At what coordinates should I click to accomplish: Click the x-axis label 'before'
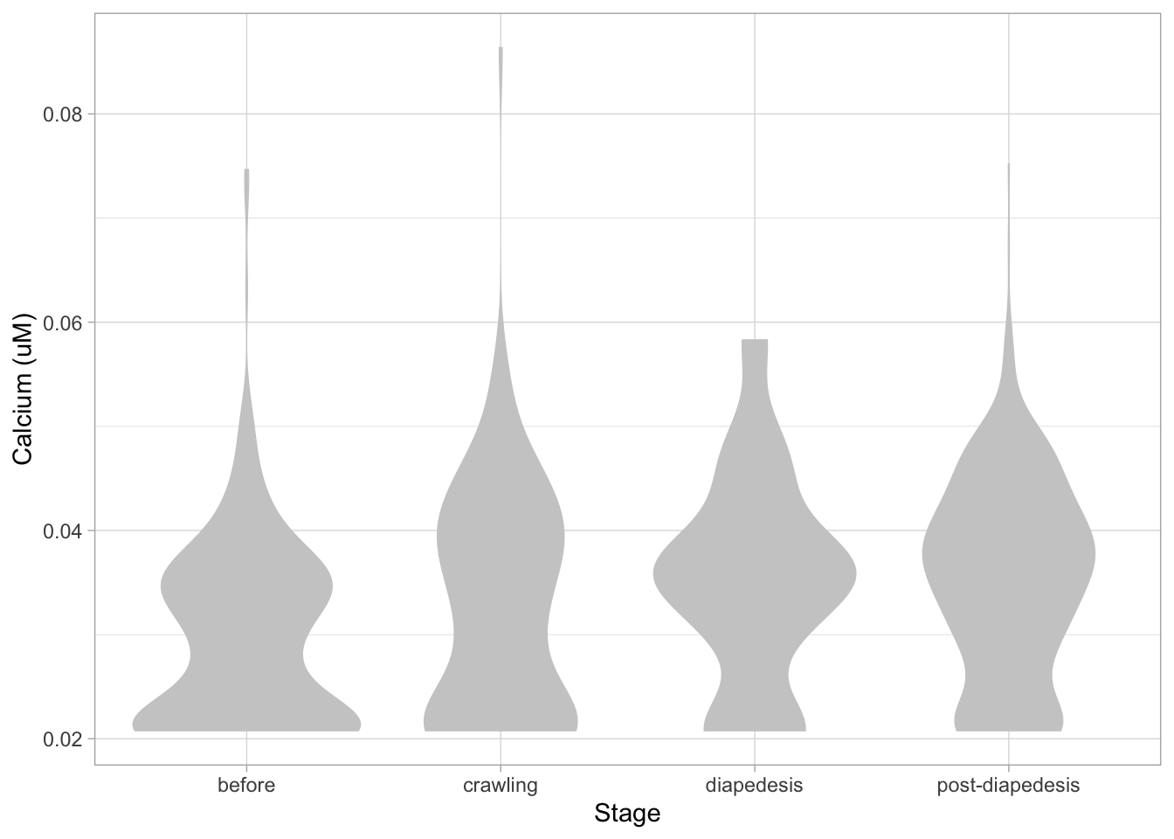point(246,785)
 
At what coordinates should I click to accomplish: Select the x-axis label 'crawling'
point(501,785)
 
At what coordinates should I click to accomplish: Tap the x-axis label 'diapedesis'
point(754,785)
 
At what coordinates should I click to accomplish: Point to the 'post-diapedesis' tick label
point(1008,785)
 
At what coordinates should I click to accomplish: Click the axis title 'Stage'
point(627,814)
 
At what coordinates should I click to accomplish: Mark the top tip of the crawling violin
point(501,48)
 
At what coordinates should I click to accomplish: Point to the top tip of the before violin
point(246,170)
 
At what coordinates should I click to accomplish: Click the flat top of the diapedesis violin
point(755,340)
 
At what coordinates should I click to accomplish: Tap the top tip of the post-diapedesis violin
point(1009,164)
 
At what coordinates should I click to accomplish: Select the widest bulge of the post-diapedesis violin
point(1009,554)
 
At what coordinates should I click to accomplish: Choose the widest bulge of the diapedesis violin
point(755,574)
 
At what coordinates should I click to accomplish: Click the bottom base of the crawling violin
point(501,730)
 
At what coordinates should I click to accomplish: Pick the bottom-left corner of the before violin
point(134,728)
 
